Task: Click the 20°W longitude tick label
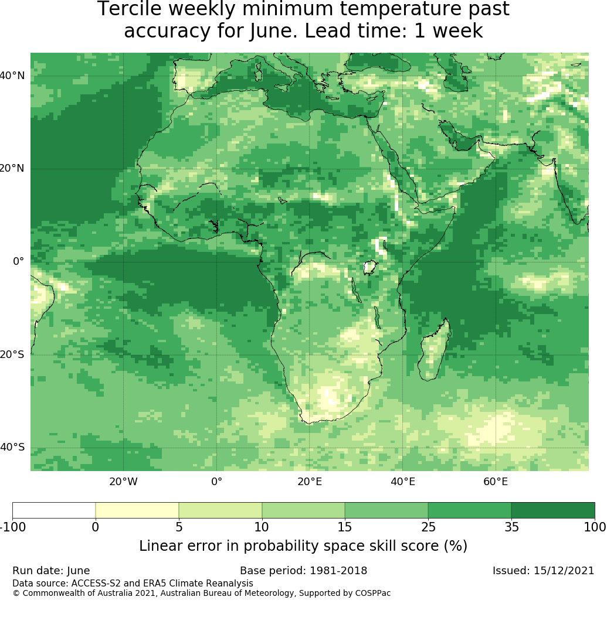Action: pos(123,482)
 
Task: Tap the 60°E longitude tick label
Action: pos(496,482)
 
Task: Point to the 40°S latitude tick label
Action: pos(12,447)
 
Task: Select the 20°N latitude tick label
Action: pos(12,168)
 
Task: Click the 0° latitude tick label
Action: pos(18,261)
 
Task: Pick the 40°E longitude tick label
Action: pos(403,482)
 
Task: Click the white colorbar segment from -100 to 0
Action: pos(54,510)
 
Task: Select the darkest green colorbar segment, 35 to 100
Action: pos(553,510)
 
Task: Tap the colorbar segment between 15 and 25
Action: pos(386,510)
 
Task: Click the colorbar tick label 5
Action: pos(179,527)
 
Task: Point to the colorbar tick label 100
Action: pos(595,527)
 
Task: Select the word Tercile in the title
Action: pos(127,9)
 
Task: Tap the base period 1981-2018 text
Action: pos(338,571)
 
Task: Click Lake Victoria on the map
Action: pos(371,267)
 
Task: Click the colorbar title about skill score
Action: pos(303,546)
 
